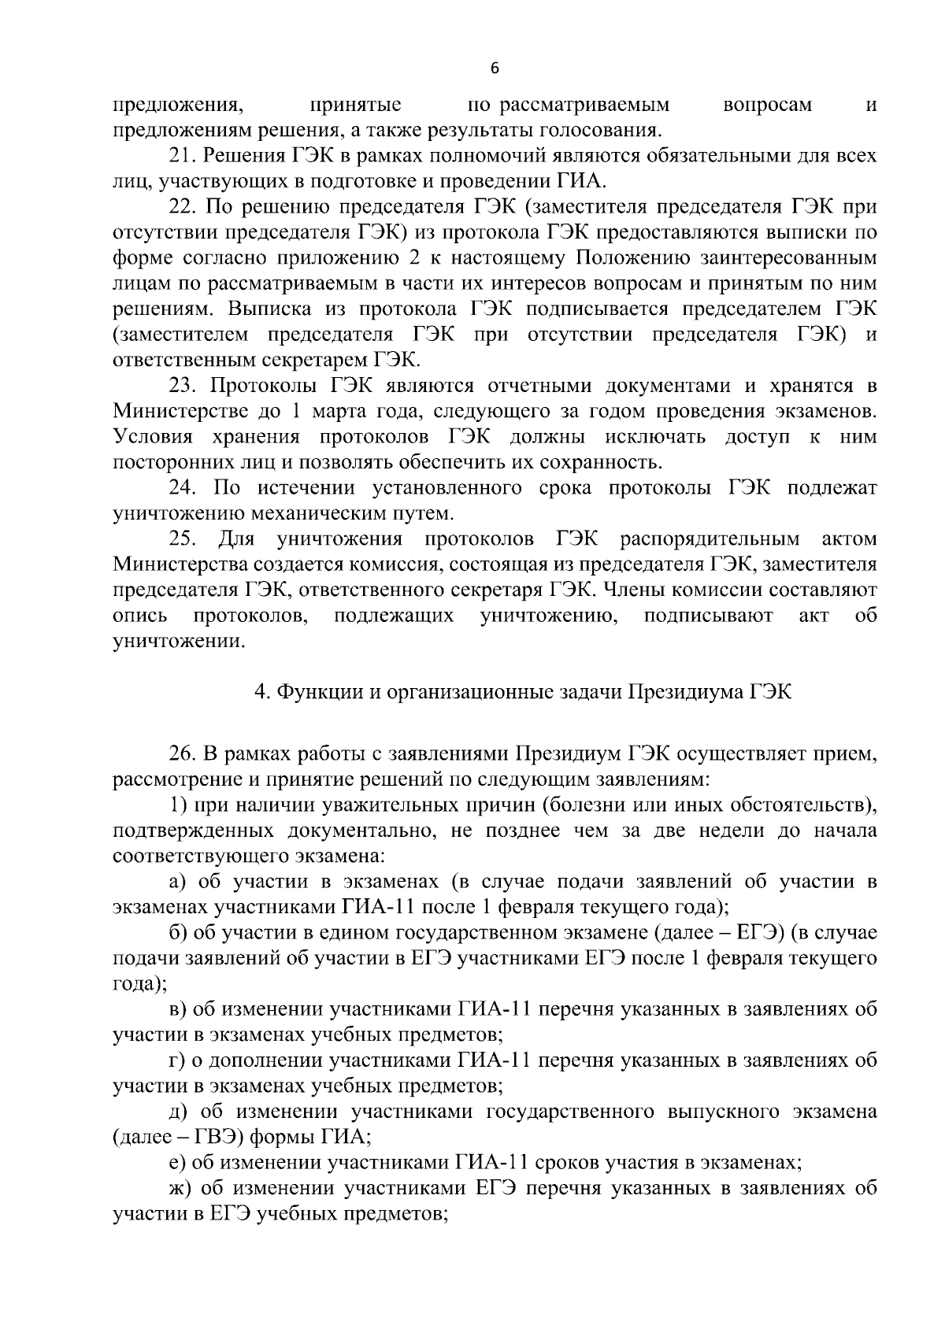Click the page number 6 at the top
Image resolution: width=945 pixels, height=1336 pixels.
click(494, 69)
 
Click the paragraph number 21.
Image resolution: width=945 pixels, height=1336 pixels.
click(183, 156)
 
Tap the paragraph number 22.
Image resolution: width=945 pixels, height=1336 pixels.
click(183, 207)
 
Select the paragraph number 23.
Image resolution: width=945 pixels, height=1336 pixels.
click(183, 386)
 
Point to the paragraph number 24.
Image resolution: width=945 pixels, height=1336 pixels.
click(183, 488)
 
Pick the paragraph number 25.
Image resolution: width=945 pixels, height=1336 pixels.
click(183, 539)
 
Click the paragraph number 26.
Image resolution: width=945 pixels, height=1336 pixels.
click(183, 754)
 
